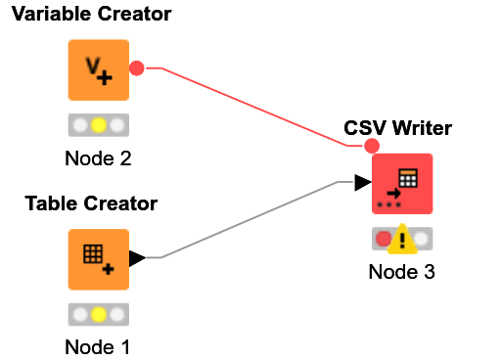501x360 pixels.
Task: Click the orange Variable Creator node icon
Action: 98,69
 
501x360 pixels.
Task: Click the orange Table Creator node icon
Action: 98,259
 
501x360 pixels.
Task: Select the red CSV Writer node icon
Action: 402,183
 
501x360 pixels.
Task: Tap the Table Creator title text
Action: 91,203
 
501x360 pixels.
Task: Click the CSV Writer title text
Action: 397,128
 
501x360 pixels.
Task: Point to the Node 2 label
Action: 98,157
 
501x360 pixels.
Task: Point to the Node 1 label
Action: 98,346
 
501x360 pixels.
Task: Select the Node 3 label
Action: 401,271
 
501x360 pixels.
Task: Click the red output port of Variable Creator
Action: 137,68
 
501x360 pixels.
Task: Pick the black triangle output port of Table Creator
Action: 137,258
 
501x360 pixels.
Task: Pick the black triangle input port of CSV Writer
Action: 363,183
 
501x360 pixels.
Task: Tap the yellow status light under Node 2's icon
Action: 98,125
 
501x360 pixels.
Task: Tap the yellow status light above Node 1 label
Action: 98,315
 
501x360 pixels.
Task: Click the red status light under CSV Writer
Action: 384,238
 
